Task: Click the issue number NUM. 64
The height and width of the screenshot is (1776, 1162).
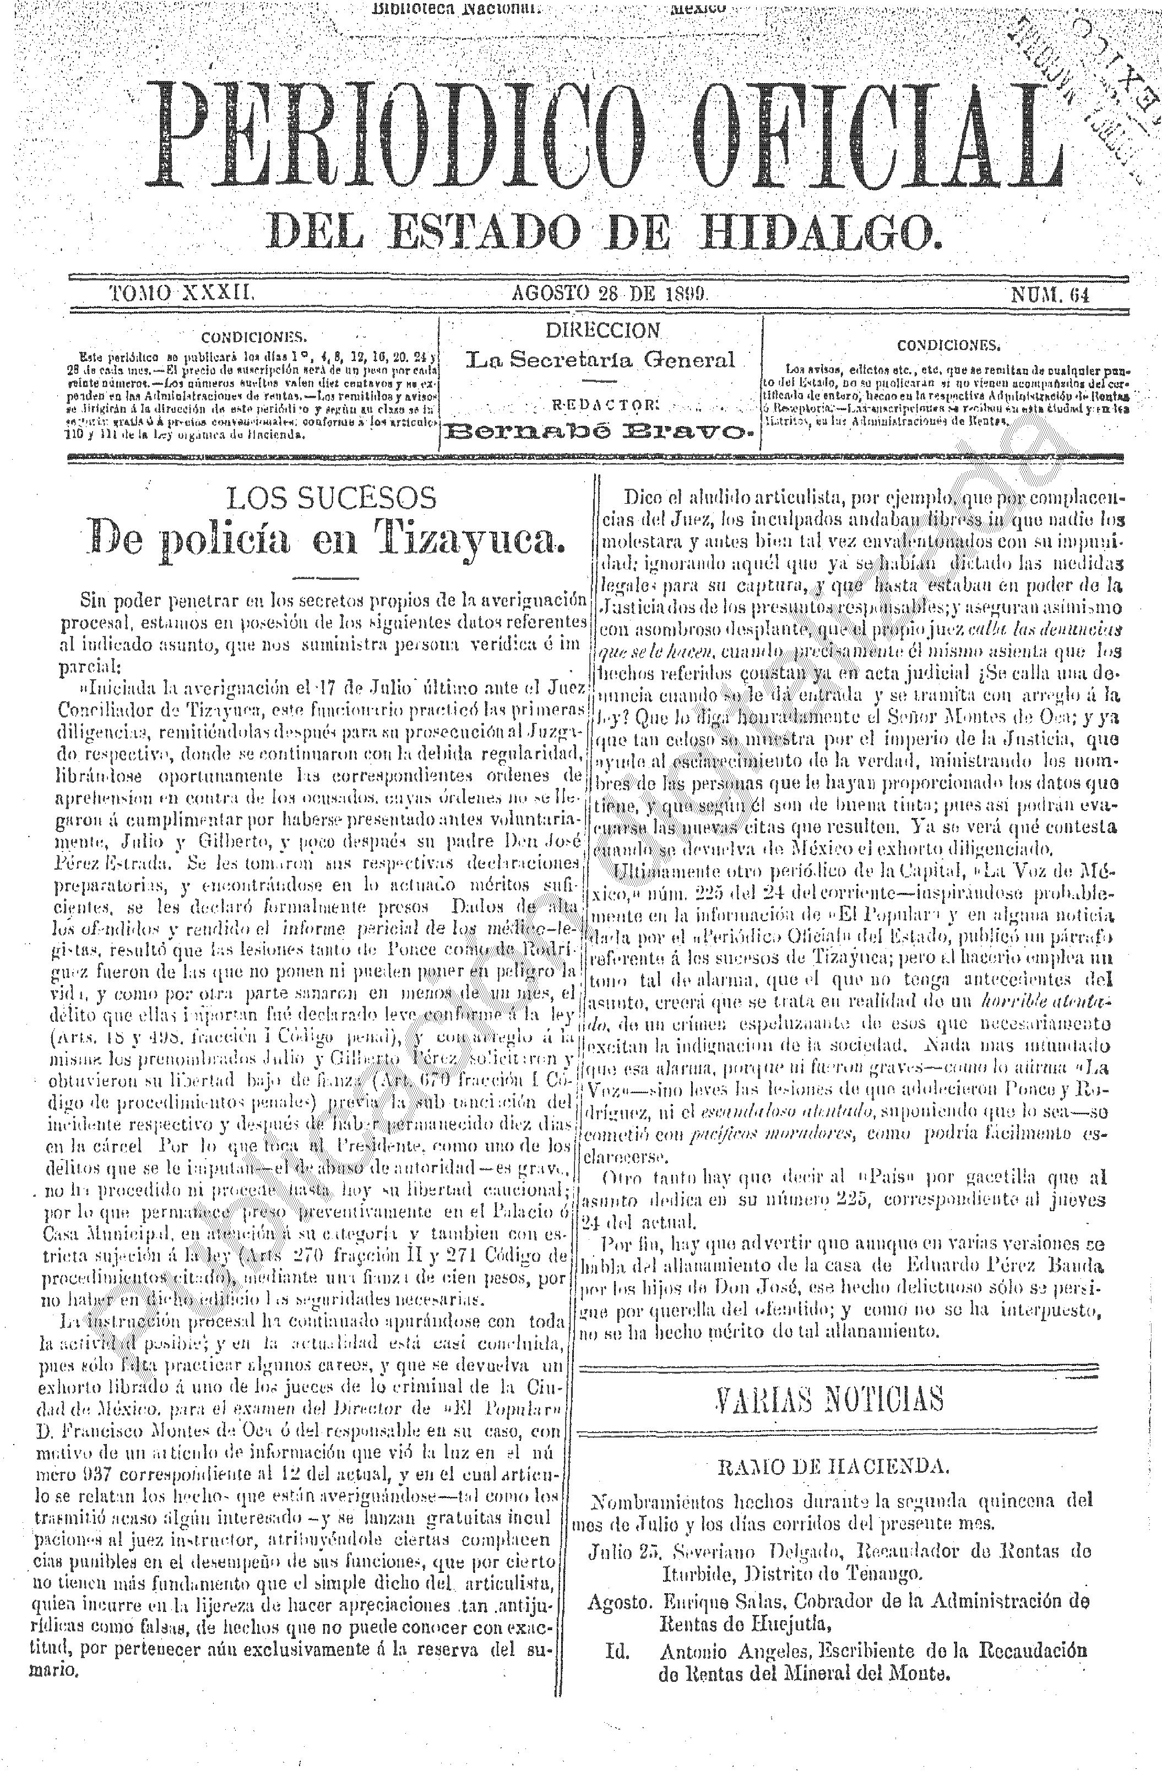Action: pyautogui.click(x=1049, y=294)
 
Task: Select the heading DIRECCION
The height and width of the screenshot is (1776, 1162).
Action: pyautogui.click(x=602, y=330)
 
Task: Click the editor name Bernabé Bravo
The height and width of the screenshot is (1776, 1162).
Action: pyautogui.click(x=601, y=431)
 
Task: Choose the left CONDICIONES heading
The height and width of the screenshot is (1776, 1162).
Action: pyautogui.click(x=254, y=336)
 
